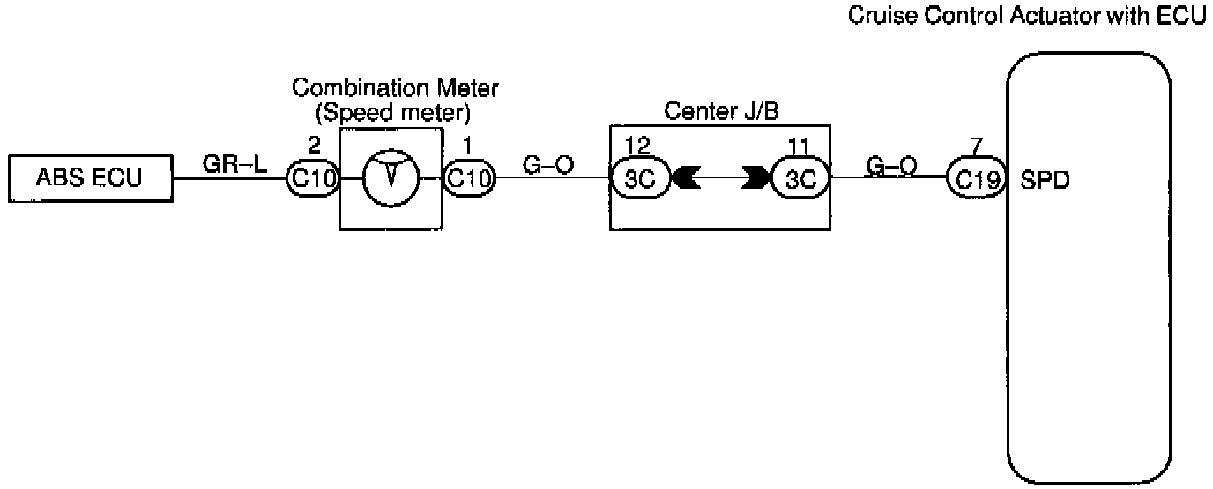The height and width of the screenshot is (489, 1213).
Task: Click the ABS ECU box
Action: click(x=88, y=179)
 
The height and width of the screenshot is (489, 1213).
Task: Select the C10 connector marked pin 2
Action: click(x=312, y=179)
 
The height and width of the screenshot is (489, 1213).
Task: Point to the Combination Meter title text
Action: click(x=395, y=88)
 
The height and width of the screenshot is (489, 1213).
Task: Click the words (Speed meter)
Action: click(x=395, y=113)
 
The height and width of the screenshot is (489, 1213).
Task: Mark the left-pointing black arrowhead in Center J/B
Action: click(x=684, y=179)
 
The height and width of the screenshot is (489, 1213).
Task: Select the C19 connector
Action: click(x=977, y=179)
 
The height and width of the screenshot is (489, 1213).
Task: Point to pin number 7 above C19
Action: click(x=976, y=145)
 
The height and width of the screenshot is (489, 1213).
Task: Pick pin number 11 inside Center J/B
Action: click(x=798, y=145)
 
